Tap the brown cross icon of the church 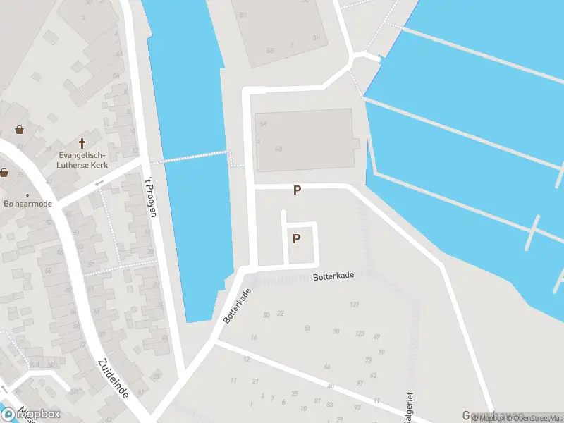[82, 142]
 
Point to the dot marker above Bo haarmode [27, 195]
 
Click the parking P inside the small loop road [297, 238]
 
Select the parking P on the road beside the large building [298, 190]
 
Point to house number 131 [354, 305]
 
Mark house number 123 [360, 333]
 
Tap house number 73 [368, 360]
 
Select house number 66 [326, 367]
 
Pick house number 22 [280, 313]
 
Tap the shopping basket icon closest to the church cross [19, 130]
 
